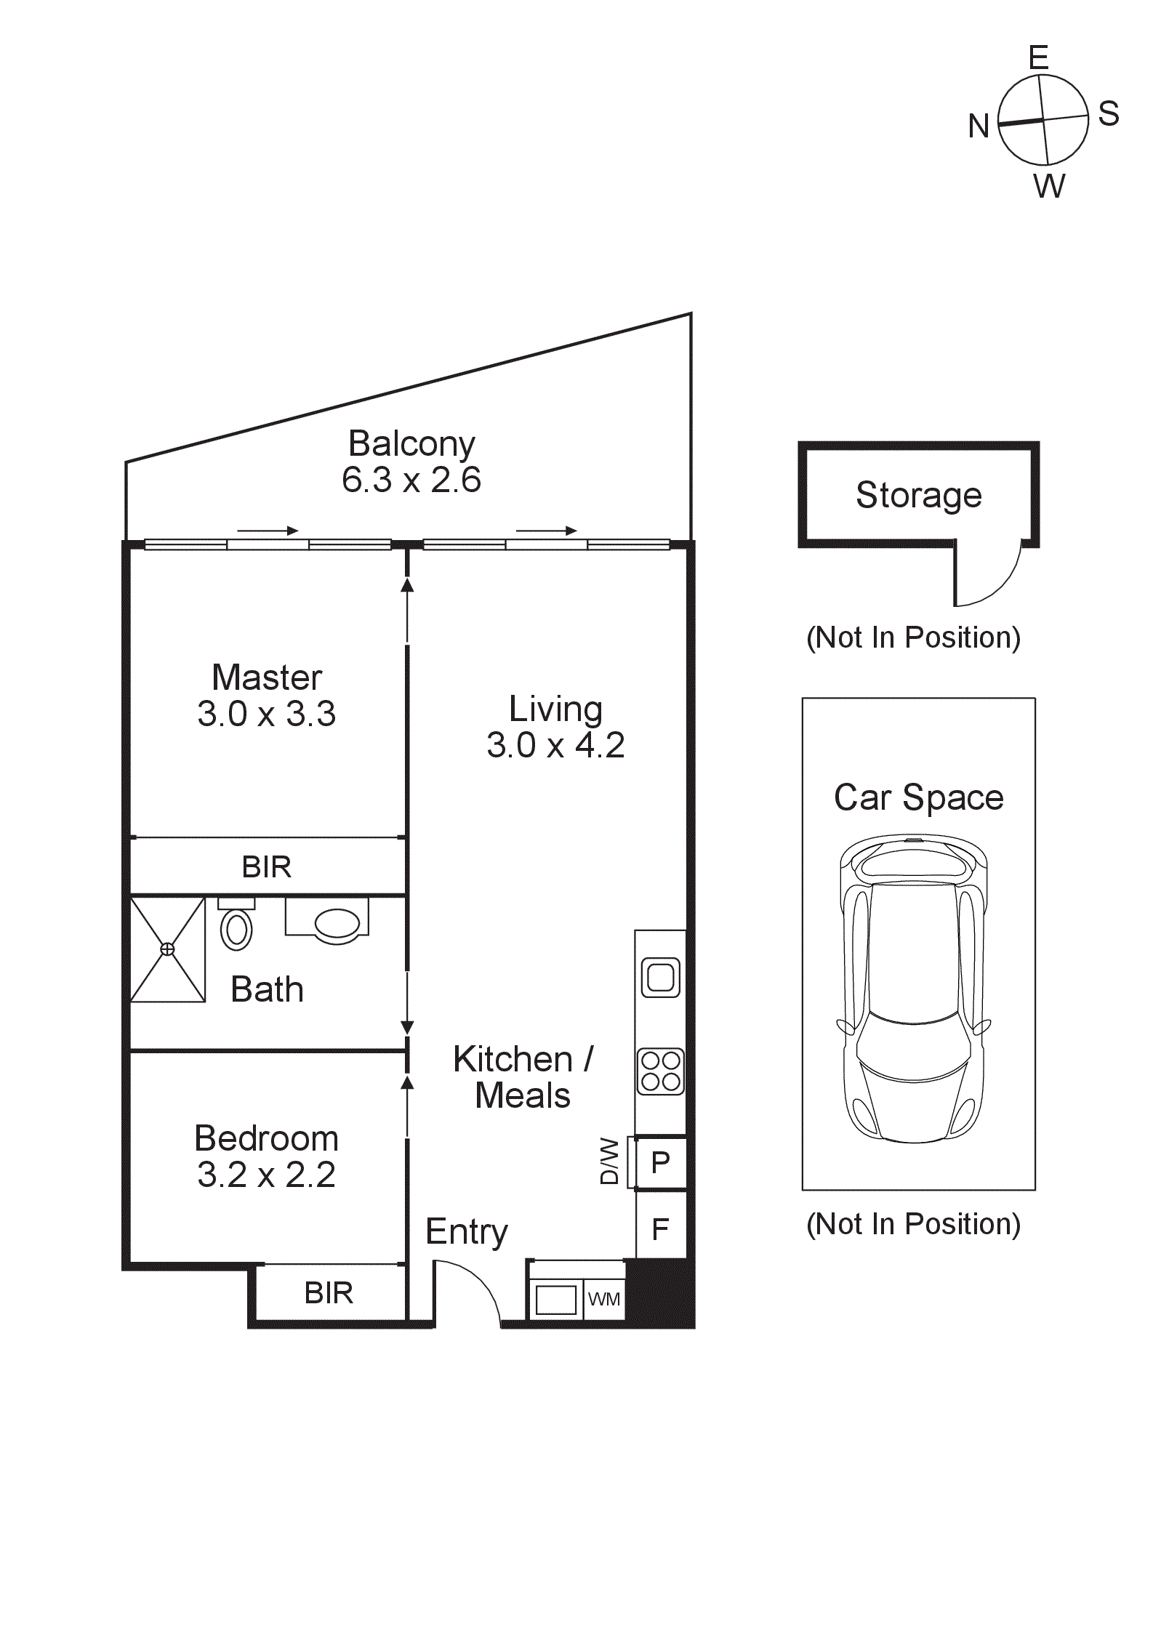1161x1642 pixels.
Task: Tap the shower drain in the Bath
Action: point(167,949)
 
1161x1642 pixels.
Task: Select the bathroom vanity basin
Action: point(337,924)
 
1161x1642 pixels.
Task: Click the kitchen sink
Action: point(660,977)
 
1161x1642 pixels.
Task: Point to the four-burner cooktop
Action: point(660,1071)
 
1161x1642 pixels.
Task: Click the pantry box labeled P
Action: point(661,1162)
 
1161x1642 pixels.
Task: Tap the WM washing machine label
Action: point(604,1299)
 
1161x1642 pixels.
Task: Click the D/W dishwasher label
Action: point(609,1161)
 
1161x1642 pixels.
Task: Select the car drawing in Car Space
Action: point(914,989)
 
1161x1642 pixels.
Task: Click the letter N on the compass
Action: point(979,126)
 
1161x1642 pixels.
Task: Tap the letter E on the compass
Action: point(1038,57)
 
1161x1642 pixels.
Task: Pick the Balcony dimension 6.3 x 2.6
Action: point(411,480)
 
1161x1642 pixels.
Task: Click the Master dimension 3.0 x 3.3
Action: point(266,714)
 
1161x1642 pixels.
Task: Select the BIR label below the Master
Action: point(266,866)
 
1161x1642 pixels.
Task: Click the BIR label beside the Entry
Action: point(329,1293)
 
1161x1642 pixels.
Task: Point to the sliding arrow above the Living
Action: point(546,531)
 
